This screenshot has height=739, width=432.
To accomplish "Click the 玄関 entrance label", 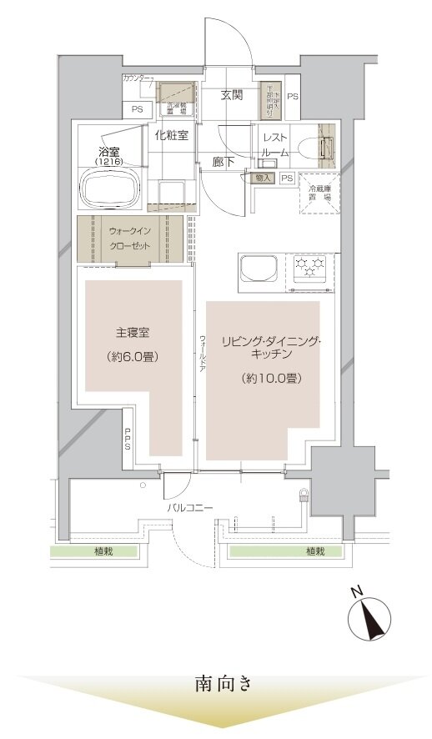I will tap(232, 95).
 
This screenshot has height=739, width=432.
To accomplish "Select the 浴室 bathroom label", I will tap(108, 153).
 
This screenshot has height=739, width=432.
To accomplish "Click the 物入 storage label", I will tap(262, 178).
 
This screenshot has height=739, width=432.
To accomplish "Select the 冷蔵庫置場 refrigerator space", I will tap(320, 194).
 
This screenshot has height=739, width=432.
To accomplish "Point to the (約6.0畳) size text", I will tap(132, 356).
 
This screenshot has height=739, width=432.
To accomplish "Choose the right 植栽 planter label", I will tap(314, 550).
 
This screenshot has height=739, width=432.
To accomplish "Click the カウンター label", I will tap(136, 78).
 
